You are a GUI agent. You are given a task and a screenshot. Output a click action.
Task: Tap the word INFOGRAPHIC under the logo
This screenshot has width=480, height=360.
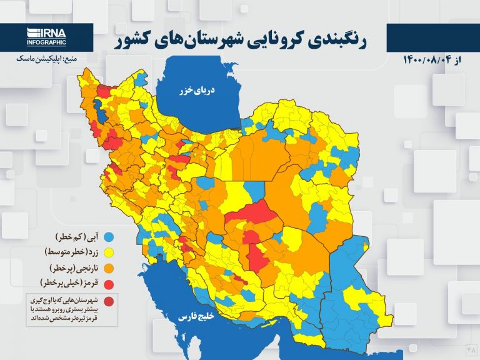coord(46,42)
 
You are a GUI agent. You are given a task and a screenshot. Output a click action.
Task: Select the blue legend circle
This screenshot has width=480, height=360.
coord(110,237)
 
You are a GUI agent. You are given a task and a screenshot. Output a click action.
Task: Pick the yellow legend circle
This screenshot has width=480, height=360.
coord(110,253)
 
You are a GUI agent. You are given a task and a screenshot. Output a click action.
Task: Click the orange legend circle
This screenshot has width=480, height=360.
coord(110,269)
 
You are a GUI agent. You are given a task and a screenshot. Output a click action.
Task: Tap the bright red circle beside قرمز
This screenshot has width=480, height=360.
coord(110,284)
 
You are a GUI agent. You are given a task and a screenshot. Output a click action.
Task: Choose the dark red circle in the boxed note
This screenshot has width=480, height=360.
coord(110,303)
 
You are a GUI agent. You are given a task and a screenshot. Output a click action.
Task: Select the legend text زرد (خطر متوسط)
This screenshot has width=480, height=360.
coord(70,253)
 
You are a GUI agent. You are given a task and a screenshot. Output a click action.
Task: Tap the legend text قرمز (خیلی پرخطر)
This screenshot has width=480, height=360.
coord(69,284)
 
